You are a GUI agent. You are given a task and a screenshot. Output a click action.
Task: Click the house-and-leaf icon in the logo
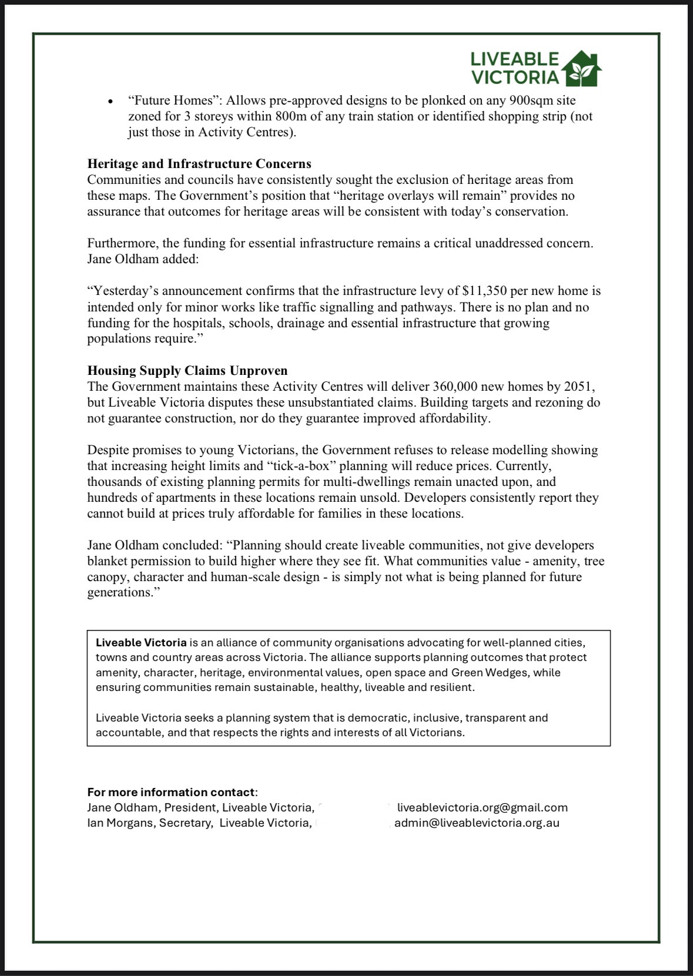point(581,68)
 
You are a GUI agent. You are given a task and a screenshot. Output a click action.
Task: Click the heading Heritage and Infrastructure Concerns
point(199,163)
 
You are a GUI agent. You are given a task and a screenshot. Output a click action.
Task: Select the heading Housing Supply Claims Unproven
point(188,371)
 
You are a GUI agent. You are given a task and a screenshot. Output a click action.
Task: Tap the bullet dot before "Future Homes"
point(110,102)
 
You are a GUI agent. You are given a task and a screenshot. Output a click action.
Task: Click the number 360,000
point(457,387)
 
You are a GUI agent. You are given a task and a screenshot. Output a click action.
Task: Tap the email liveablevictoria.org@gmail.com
point(483,807)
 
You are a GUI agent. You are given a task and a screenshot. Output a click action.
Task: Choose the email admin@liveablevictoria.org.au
point(477,823)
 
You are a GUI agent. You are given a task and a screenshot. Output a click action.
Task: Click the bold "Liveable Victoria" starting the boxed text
point(141,642)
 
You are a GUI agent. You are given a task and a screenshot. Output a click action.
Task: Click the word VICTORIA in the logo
point(515,77)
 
